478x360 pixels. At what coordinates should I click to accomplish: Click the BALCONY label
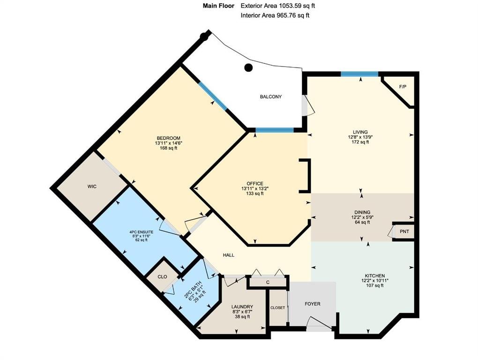pyautogui.click(x=271, y=97)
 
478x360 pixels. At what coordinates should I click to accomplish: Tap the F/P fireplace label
pyautogui.click(x=403, y=87)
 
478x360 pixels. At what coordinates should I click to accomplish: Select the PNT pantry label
pyautogui.click(x=404, y=232)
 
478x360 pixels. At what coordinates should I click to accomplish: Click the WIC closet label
pyautogui.click(x=92, y=186)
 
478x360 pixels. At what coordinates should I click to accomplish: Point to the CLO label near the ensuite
pyautogui.click(x=162, y=277)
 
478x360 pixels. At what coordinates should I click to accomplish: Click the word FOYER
pyautogui.click(x=313, y=304)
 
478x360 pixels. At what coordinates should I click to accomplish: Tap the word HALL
pyautogui.click(x=229, y=255)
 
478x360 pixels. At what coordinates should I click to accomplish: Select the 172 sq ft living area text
pyautogui.click(x=360, y=142)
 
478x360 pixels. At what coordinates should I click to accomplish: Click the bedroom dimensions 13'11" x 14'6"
pyautogui.click(x=169, y=143)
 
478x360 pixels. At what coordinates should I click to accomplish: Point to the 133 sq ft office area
pyautogui.click(x=255, y=193)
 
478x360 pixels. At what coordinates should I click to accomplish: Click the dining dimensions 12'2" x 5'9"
pyautogui.click(x=362, y=217)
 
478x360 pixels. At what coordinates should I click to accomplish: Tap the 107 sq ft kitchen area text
pyautogui.click(x=374, y=285)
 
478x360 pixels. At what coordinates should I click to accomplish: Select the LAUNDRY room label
pyautogui.click(x=242, y=307)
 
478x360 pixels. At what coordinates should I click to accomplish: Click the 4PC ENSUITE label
pyautogui.click(x=142, y=232)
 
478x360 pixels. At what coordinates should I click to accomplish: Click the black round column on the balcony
pyautogui.click(x=249, y=67)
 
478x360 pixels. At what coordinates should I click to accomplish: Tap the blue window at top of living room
pyautogui.click(x=359, y=74)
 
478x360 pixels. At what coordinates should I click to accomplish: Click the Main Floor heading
pyautogui.click(x=218, y=6)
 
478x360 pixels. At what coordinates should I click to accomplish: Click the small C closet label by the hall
pyautogui.click(x=268, y=282)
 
